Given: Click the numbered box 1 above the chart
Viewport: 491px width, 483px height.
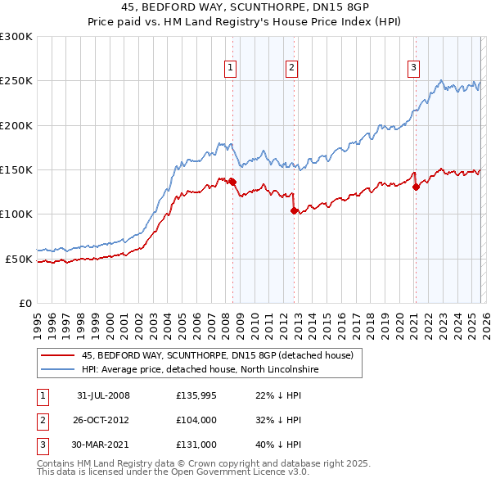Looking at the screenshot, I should coord(230,68).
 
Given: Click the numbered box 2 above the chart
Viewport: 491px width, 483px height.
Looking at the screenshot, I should coord(291,68).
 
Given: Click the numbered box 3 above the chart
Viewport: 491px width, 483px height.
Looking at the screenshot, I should coord(413,68).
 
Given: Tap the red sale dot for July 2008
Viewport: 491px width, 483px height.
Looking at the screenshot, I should coord(233,182).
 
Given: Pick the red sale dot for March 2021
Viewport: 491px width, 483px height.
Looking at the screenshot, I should coord(416,187).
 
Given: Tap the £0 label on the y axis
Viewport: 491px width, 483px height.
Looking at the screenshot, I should coord(25,303).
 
